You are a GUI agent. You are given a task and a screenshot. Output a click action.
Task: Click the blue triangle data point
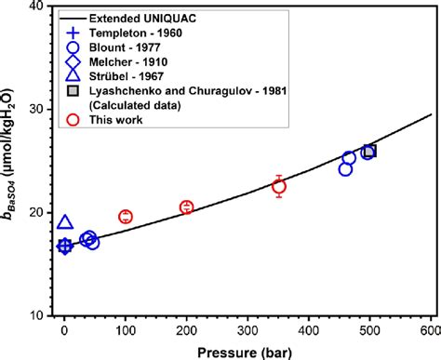(x=64, y=222)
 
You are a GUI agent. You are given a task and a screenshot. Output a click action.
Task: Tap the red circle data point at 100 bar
(x=126, y=217)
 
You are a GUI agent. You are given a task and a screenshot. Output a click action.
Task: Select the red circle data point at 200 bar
(x=186, y=207)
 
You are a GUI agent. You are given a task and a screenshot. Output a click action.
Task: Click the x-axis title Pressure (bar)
(x=246, y=350)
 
